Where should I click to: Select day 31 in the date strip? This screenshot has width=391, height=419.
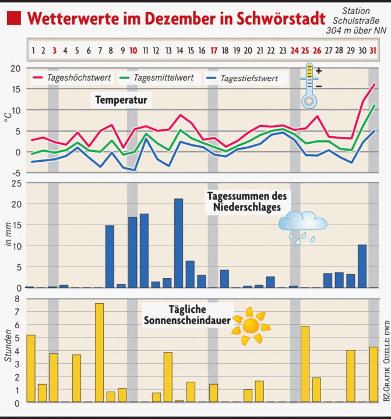pyautogui.click(x=372, y=50)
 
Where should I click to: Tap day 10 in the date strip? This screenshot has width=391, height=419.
pyautogui.click(x=133, y=50)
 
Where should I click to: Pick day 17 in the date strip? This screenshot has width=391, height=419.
pyautogui.click(x=214, y=50)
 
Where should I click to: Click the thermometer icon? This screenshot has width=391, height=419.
pyautogui.click(x=309, y=86)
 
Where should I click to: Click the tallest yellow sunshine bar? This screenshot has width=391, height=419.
pyautogui.click(x=99, y=352)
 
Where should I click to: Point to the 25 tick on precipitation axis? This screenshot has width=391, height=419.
pyautogui.click(x=16, y=183)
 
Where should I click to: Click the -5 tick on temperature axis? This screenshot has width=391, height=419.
pyautogui.click(x=16, y=173)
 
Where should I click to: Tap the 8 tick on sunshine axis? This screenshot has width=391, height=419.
pyautogui.click(x=17, y=299)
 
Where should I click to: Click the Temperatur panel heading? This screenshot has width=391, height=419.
pyautogui.click(x=121, y=101)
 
